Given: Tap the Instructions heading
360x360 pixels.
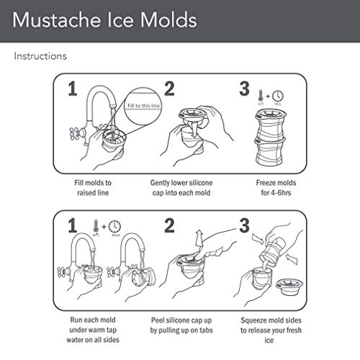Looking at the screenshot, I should pyautogui.click(x=41, y=55).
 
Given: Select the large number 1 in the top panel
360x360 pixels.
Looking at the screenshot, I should pyautogui.click(x=71, y=90).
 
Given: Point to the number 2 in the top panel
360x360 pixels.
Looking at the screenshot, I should pyautogui.click(x=170, y=89).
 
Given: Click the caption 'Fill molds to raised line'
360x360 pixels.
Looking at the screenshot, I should pyautogui.click(x=93, y=187).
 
